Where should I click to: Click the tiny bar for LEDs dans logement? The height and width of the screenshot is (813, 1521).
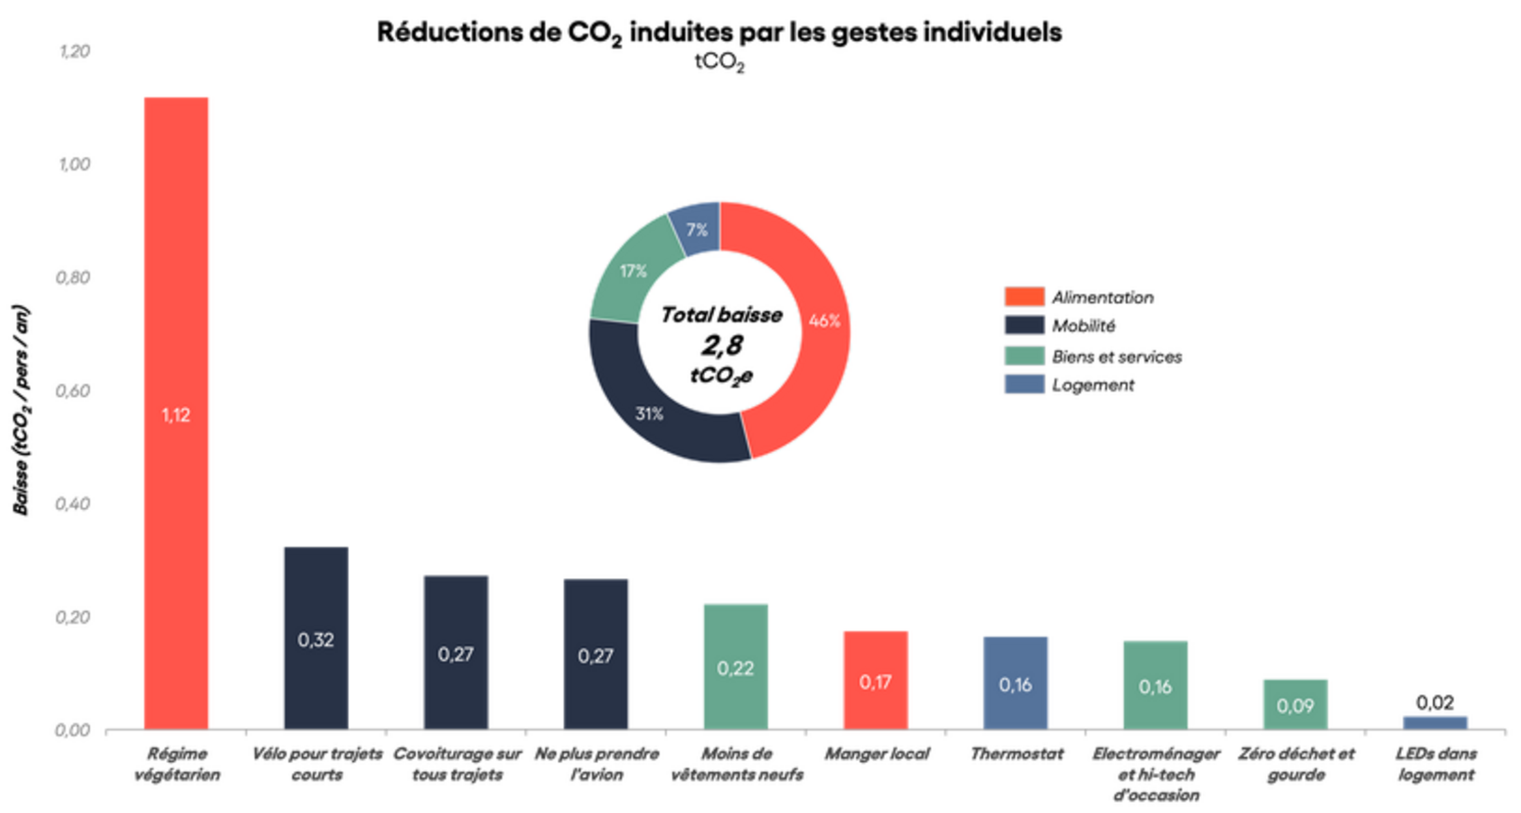(1435, 722)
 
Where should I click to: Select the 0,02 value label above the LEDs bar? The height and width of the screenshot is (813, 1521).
(1435, 702)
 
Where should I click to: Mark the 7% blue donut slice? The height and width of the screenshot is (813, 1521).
(697, 230)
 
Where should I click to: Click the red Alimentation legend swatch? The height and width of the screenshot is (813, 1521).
(1024, 297)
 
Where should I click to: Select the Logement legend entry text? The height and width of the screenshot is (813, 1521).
(1092, 385)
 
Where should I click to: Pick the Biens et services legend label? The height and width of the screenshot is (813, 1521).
(1117, 357)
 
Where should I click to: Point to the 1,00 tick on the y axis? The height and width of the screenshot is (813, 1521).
(73, 164)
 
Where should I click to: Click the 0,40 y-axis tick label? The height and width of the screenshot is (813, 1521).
(73, 503)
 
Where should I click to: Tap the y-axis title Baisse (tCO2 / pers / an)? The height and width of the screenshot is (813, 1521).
(21, 409)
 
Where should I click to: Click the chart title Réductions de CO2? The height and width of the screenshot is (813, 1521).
(719, 32)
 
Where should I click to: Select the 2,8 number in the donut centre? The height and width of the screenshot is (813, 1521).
(722, 345)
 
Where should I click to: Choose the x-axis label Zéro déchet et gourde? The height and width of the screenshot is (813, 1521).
(1296, 763)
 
